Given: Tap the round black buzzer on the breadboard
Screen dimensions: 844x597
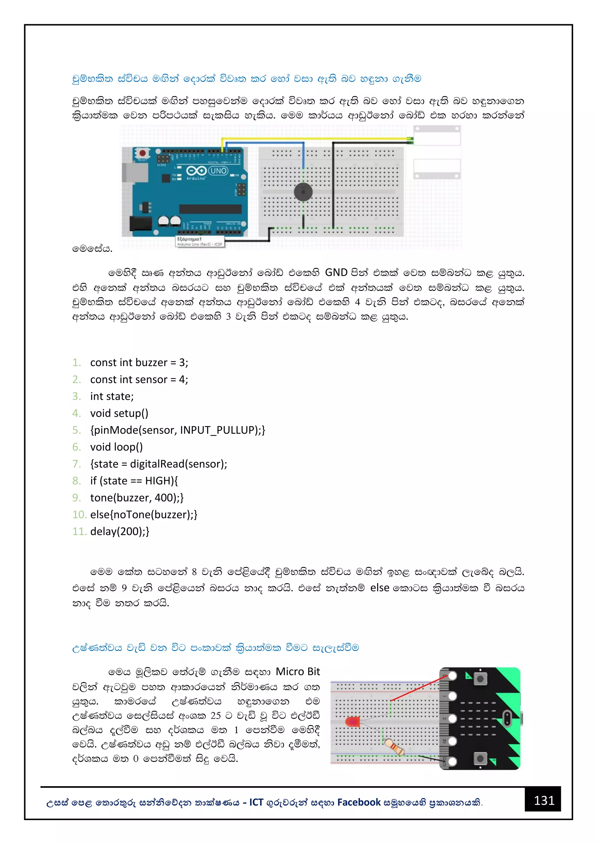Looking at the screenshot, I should [x=303, y=192].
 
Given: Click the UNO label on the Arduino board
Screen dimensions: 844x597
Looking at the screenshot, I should [x=218, y=171].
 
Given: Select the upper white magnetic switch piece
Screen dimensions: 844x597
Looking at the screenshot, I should [x=437, y=136].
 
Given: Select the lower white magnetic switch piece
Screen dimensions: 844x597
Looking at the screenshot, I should [x=437, y=169].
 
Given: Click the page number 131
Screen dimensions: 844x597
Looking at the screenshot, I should [x=544, y=800].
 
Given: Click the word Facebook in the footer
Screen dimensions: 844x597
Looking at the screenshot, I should [x=359, y=802].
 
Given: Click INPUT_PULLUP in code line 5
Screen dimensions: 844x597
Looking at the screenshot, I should [x=218, y=430].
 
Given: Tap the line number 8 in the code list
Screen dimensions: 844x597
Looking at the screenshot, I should [x=76, y=480].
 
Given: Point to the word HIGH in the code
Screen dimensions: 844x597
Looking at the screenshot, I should [x=159, y=480].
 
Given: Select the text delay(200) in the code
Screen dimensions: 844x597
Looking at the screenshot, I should [x=117, y=531].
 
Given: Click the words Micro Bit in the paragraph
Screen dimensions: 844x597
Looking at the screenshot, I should [x=298, y=672].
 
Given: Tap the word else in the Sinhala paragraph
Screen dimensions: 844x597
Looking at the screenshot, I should [x=379, y=588].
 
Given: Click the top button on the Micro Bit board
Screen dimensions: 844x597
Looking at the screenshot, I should [x=480, y=679].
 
